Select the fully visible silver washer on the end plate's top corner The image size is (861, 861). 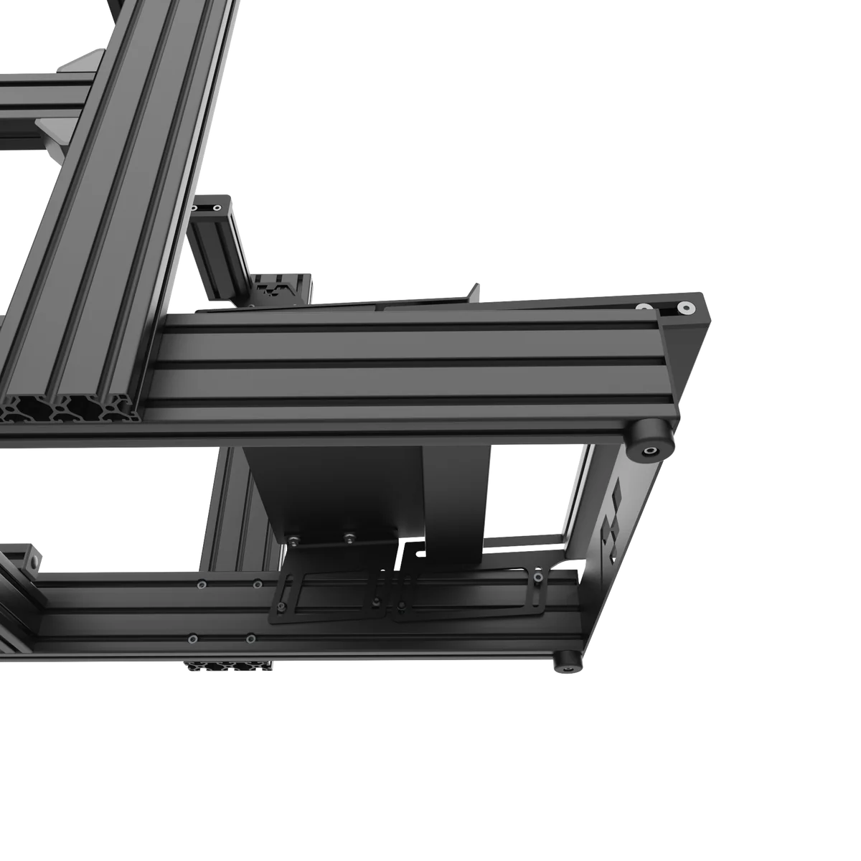(686, 308)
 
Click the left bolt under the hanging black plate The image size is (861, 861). (294, 538)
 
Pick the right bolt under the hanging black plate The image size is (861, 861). (349, 536)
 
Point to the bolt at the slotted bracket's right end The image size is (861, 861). (537, 578)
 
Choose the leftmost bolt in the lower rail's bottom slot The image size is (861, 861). (192, 638)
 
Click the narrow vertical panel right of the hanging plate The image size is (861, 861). (454, 502)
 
